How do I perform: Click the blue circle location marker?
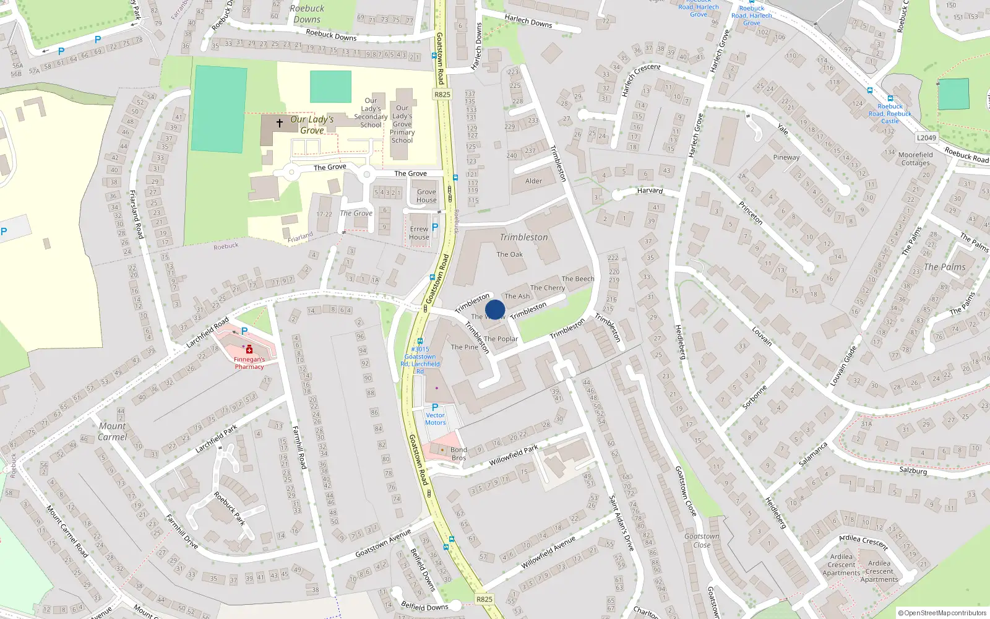pos(495,309)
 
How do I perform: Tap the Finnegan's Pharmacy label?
pos(249,363)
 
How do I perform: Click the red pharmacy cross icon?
pos(249,350)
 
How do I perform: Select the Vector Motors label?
pos(435,419)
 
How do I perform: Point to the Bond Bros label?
pos(458,454)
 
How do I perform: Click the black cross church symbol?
pos(280,123)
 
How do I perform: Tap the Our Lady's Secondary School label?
pos(371,113)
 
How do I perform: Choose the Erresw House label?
pos(419,233)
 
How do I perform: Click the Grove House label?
pos(426,196)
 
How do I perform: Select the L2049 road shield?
pos(926,138)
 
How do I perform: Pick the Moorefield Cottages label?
pos(915,159)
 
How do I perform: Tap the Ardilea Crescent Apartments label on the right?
pos(879,571)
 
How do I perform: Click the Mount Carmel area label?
pos(112,431)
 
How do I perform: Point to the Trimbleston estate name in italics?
pos(523,237)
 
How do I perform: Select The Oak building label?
pos(509,254)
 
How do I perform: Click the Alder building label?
pos(533,181)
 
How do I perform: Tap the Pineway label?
pos(786,157)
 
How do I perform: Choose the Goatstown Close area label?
pos(702,541)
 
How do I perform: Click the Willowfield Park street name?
pos(513,456)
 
